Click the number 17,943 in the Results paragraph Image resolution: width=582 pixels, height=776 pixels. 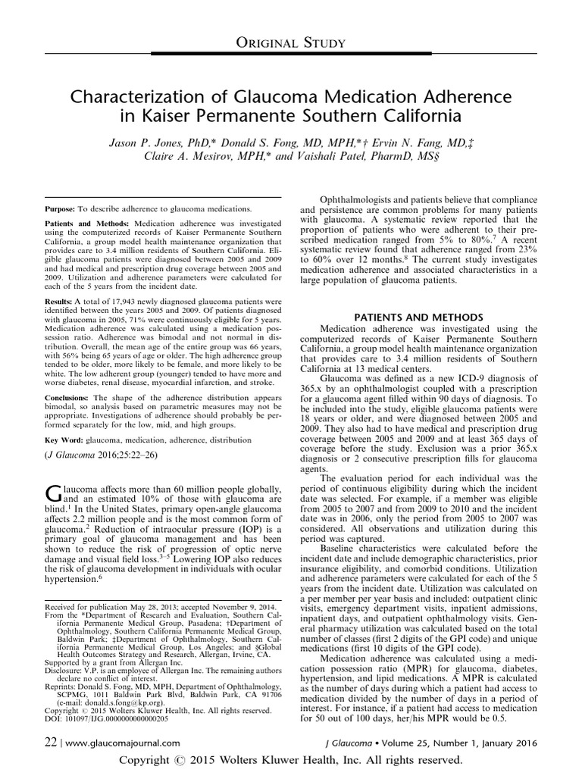pyautogui.click(x=126, y=302)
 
